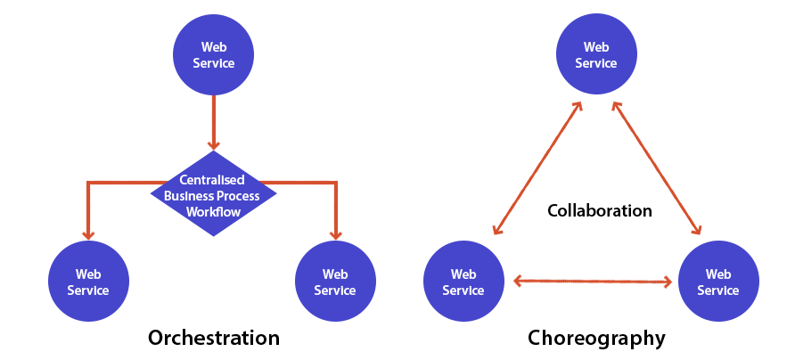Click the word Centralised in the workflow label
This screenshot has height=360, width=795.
pyautogui.click(x=212, y=180)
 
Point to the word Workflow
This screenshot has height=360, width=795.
pyautogui.click(x=213, y=212)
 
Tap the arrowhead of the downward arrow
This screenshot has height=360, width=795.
pyautogui.click(x=214, y=143)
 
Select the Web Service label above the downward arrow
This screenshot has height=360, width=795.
pyautogui.click(x=214, y=55)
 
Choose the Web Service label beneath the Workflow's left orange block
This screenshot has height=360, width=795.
pyautogui.click(x=88, y=282)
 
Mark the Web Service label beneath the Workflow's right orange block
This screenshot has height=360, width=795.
pyautogui.click(x=335, y=282)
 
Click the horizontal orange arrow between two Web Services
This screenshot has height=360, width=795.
pyautogui.click(x=588, y=282)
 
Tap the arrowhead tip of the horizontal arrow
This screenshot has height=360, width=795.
pyautogui.click(x=670, y=282)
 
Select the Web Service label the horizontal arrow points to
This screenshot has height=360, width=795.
pyautogui.click(x=718, y=282)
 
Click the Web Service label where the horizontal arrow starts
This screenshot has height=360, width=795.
pyautogui.click(x=463, y=282)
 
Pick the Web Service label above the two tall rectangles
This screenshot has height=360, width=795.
pyautogui.click(x=596, y=55)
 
